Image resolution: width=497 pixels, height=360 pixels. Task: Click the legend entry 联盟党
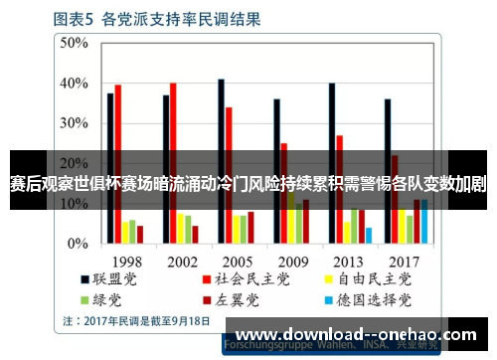tap(112, 280)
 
